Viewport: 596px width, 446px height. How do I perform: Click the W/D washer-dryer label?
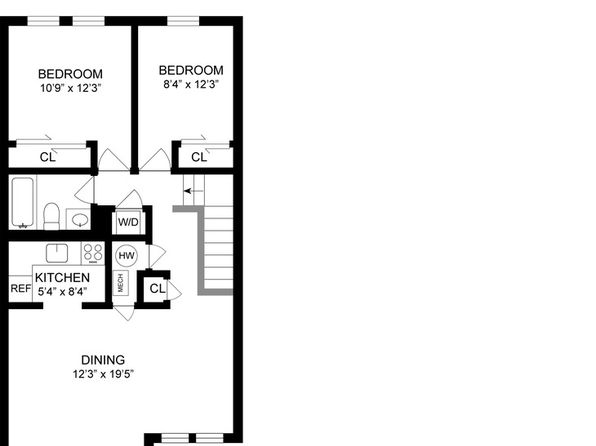click(128, 222)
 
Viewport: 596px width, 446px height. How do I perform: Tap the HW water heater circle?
click(127, 256)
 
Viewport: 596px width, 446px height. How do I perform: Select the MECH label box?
click(121, 283)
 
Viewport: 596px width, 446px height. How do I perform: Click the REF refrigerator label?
click(21, 289)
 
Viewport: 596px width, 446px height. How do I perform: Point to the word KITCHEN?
click(62, 278)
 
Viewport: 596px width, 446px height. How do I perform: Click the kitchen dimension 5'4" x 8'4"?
click(62, 292)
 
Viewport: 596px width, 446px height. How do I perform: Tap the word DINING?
click(103, 360)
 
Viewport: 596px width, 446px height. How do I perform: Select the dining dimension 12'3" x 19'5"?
click(103, 374)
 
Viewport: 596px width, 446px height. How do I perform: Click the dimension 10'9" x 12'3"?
click(71, 88)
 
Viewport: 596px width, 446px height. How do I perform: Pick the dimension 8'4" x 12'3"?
click(191, 84)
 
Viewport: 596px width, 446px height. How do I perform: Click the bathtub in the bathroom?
click(22, 202)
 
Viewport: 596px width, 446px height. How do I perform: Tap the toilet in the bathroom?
click(51, 216)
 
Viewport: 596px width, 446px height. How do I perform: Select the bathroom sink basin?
click(80, 219)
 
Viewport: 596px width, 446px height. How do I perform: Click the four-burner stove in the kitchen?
click(93, 253)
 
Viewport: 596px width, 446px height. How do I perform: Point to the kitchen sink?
click(57, 253)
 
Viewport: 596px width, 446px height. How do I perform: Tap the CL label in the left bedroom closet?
click(48, 157)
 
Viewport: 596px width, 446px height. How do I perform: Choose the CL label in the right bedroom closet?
click(199, 157)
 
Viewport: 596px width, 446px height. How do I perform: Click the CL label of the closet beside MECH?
click(157, 289)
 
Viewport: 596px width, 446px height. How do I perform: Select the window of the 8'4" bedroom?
click(183, 21)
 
